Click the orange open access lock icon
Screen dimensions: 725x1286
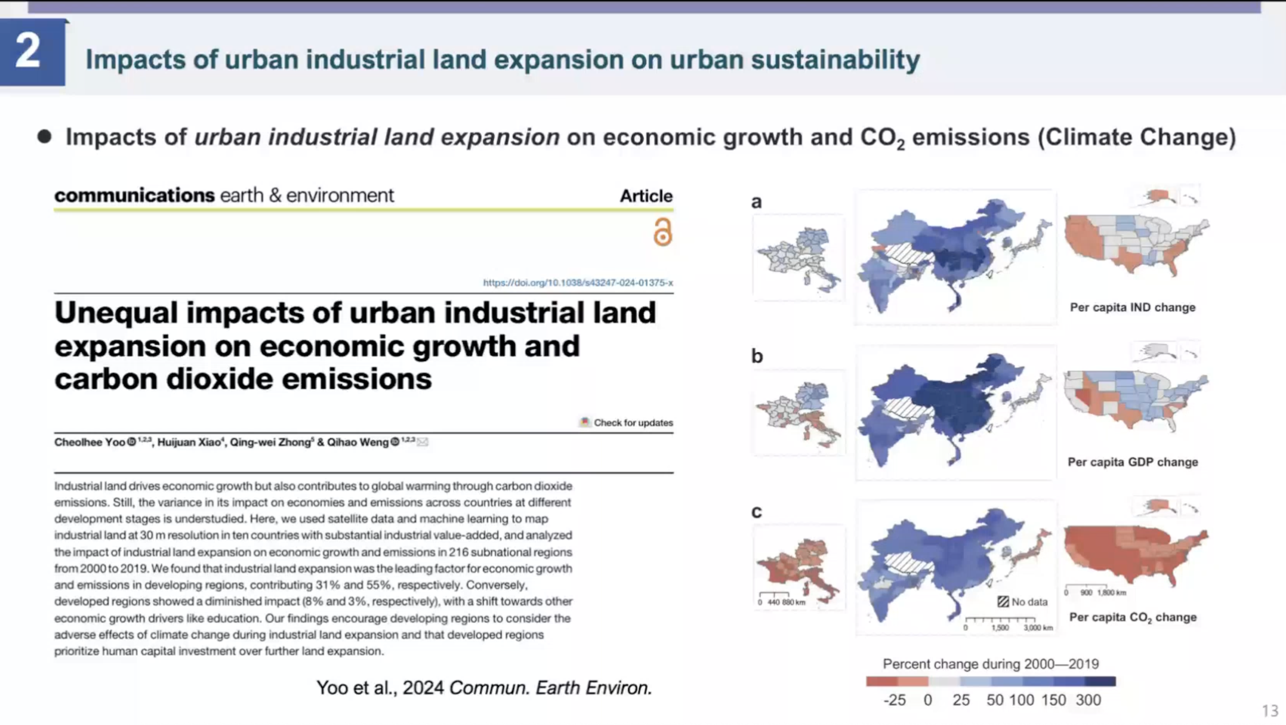pos(663,232)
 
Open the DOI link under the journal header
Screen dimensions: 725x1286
pos(577,283)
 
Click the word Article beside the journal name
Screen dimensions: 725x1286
pos(646,196)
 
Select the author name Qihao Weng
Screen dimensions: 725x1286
pos(357,442)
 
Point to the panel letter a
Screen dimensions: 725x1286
pos(756,202)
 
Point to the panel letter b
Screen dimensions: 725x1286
pos(757,356)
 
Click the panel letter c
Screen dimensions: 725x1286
pos(756,512)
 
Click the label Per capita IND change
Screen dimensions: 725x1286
pos(1132,308)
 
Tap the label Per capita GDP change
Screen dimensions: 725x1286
pos(1132,462)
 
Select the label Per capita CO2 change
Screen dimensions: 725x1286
pos(1132,618)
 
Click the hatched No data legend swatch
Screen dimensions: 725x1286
pos(1003,602)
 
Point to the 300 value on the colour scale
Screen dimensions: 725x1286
pos(1088,700)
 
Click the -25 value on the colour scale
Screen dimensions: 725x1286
pos(894,700)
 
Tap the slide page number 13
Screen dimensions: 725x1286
pos(1270,710)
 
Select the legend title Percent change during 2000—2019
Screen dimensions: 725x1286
pos(991,664)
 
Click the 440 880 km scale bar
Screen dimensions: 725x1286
pos(781,599)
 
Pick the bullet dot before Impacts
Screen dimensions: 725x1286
pos(45,137)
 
